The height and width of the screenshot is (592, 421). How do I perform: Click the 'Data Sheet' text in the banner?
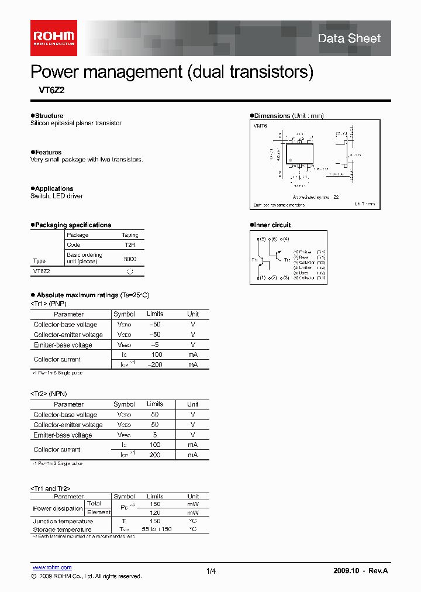click(x=348, y=39)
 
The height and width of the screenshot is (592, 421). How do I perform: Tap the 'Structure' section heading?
click(x=49, y=116)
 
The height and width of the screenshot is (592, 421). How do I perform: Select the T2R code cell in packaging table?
click(x=130, y=245)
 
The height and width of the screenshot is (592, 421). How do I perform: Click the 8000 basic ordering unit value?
click(x=130, y=258)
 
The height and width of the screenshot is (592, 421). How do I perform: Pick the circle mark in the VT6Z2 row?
click(x=130, y=271)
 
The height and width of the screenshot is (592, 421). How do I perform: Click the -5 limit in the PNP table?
click(x=155, y=345)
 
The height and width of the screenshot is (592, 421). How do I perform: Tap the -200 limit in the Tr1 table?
click(x=155, y=364)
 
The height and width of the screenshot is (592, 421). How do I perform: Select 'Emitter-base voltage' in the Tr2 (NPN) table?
click(x=63, y=435)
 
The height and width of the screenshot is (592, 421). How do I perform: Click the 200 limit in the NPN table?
click(x=155, y=455)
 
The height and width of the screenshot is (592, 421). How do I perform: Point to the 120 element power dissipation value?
click(x=155, y=512)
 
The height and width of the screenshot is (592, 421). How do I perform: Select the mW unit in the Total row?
click(x=193, y=504)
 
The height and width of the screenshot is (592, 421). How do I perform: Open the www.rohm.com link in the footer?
click(x=51, y=567)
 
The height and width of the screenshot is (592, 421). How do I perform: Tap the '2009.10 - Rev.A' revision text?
click(x=361, y=570)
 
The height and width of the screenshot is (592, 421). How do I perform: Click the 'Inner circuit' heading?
click(x=272, y=225)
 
